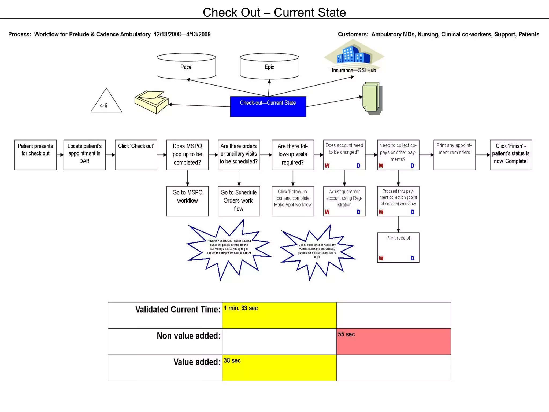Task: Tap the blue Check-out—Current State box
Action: [268, 107]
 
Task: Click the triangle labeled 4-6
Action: [106, 102]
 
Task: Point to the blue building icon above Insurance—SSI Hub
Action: [354, 54]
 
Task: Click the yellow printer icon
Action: [151, 102]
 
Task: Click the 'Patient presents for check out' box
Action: [35, 155]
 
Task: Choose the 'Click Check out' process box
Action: [136, 155]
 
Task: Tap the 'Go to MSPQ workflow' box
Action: [187, 201]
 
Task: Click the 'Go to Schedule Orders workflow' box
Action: [239, 201]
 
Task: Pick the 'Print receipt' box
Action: [398, 247]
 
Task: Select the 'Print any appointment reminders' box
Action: [454, 155]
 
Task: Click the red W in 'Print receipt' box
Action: [381, 258]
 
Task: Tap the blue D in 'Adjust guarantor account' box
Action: [358, 212]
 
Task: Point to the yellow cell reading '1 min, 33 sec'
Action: [279, 315]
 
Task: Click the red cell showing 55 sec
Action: [394, 341]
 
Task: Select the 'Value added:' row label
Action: [196, 362]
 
